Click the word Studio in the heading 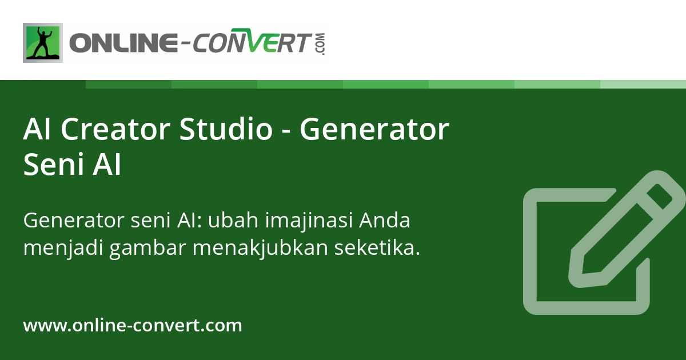226,129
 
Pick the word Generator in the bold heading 374,129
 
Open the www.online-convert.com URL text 133,326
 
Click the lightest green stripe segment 643,84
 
